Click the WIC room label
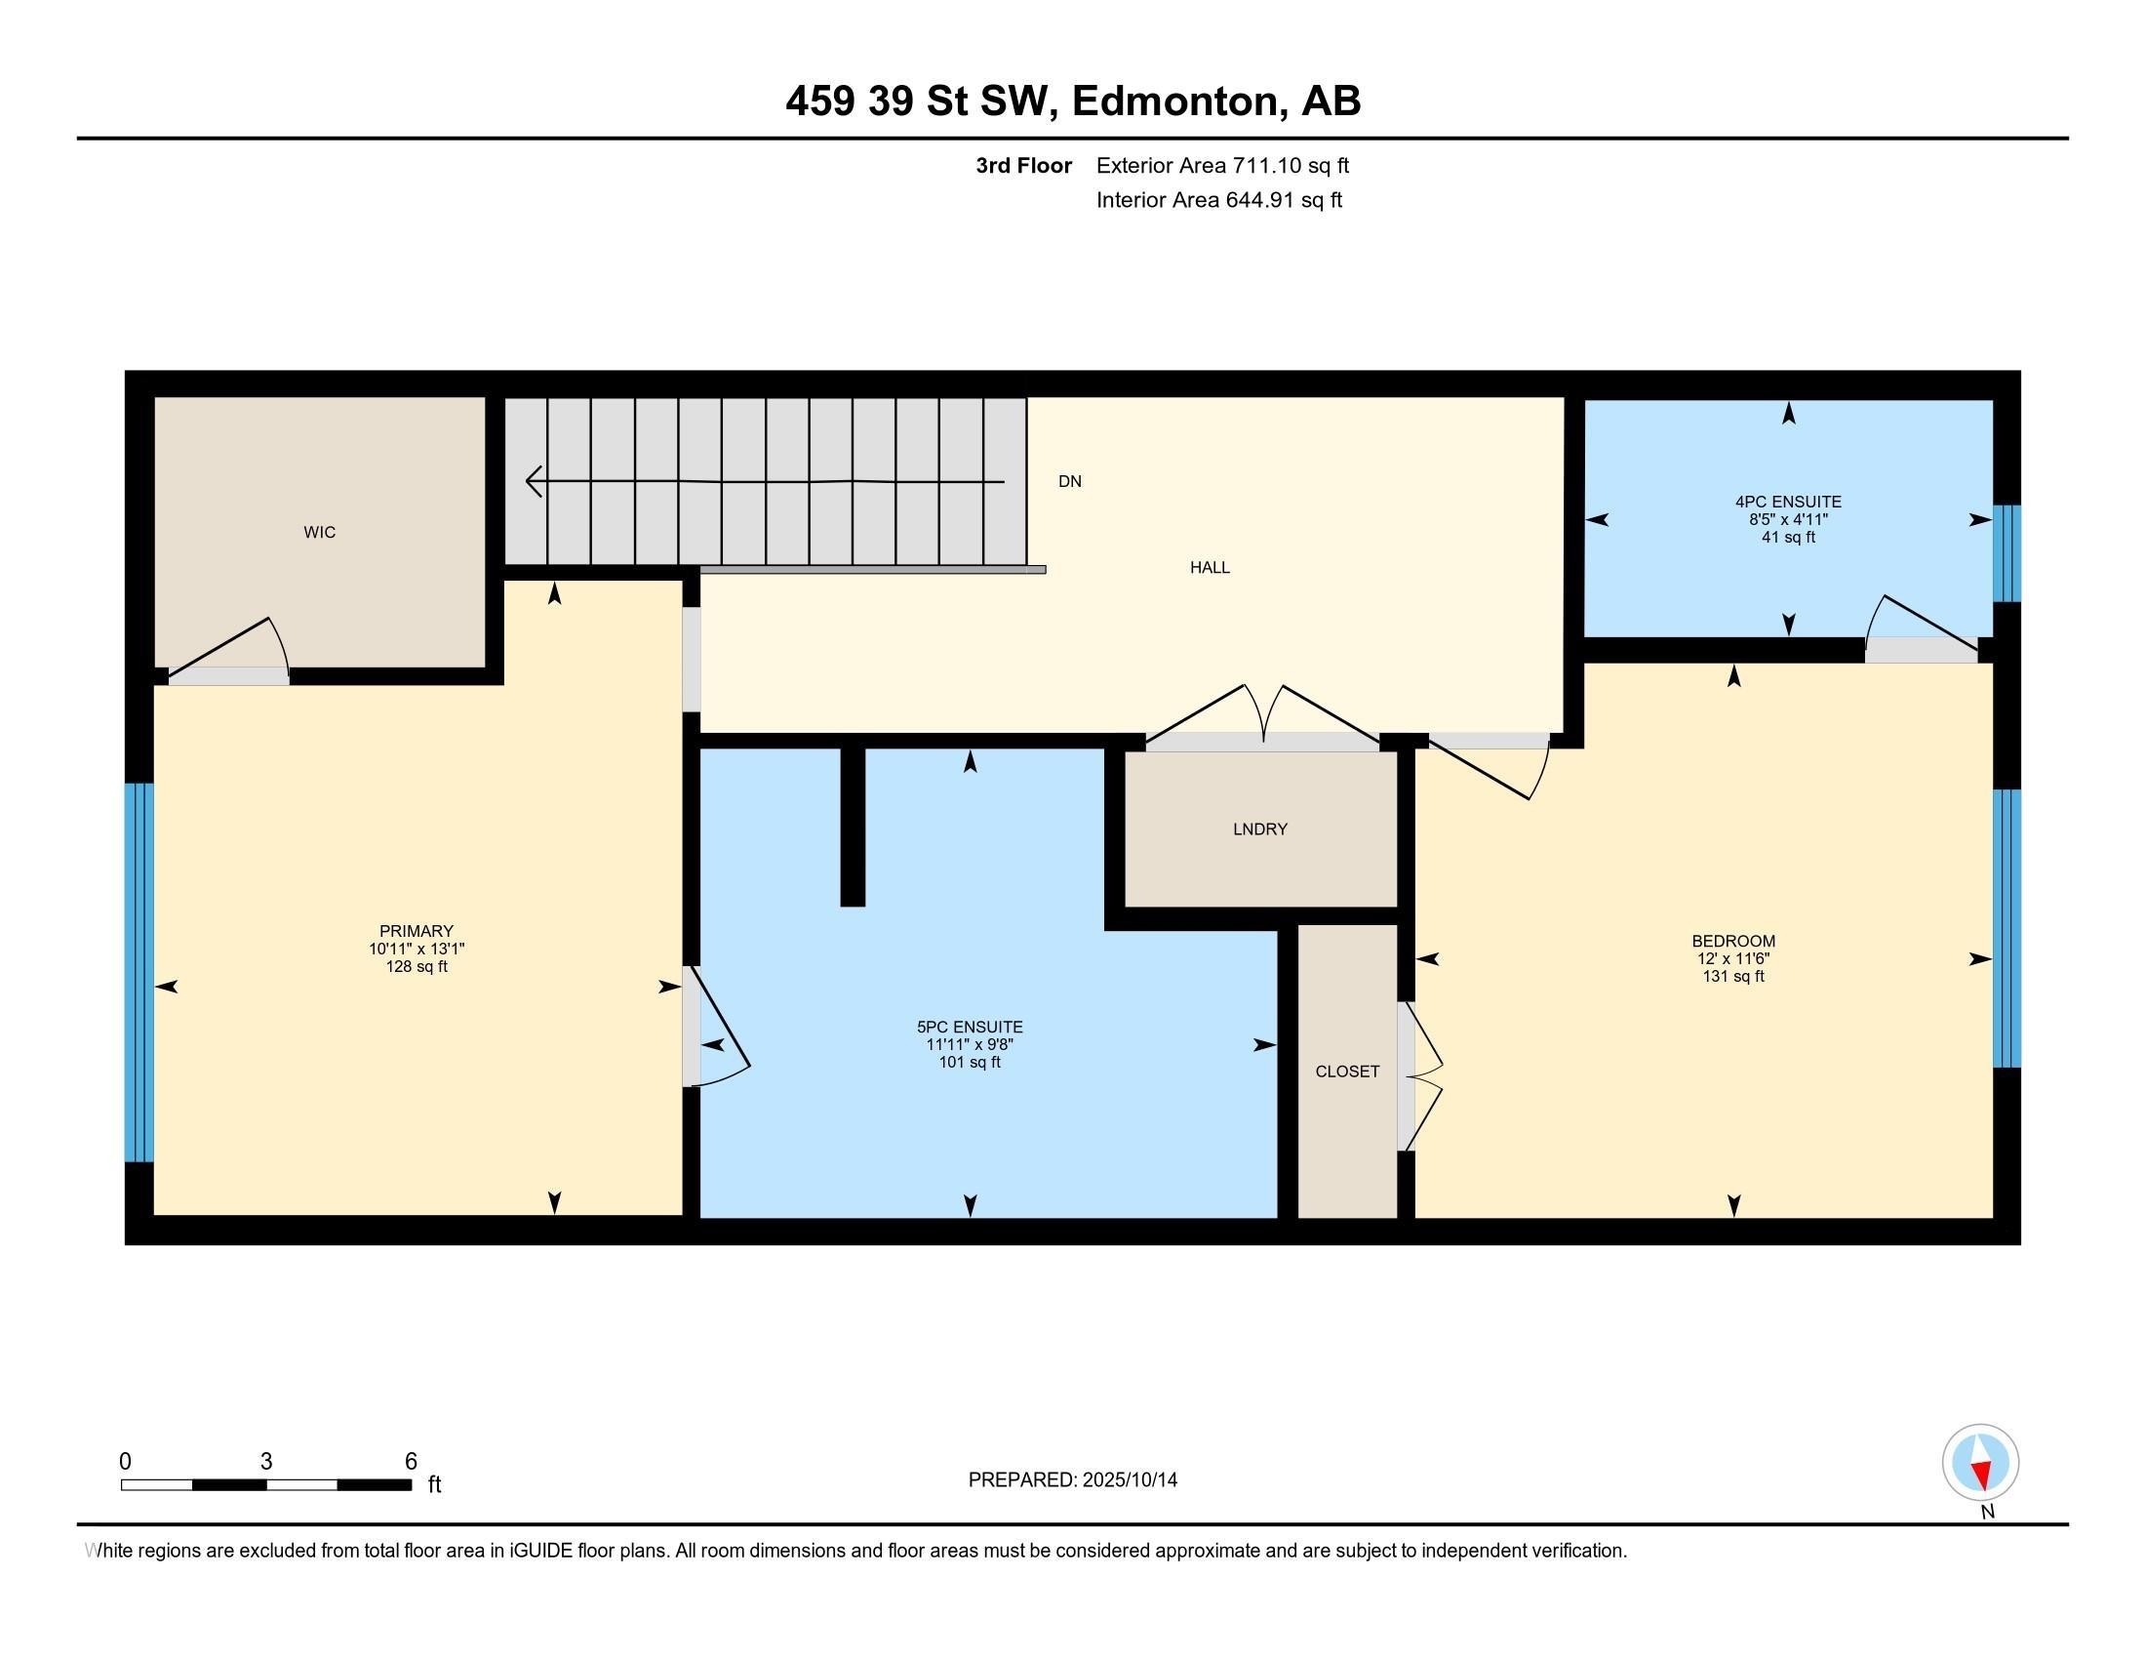(x=319, y=533)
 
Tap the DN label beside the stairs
(x=1069, y=481)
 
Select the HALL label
(x=1210, y=567)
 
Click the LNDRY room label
(x=1259, y=829)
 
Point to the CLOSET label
(x=1347, y=1072)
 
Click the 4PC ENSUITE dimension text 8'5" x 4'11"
(x=1787, y=520)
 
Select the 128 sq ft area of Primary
(x=417, y=967)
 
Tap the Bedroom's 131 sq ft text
(x=1733, y=976)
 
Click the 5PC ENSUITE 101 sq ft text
(x=969, y=1063)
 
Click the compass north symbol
(x=1980, y=1464)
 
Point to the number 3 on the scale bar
(x=265, y=1462)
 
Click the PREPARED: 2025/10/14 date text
(x=1072, y=1480)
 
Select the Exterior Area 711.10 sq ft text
(x=1222, y=166)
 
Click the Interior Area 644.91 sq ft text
(x=1218, y=200)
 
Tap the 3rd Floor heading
(x=1023, y=166)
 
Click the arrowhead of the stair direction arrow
(x=535, y=481)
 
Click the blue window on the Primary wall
(x=139, y=972)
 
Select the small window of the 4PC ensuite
(x=2007, y=553)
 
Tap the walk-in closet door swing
(x=236, y=654)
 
